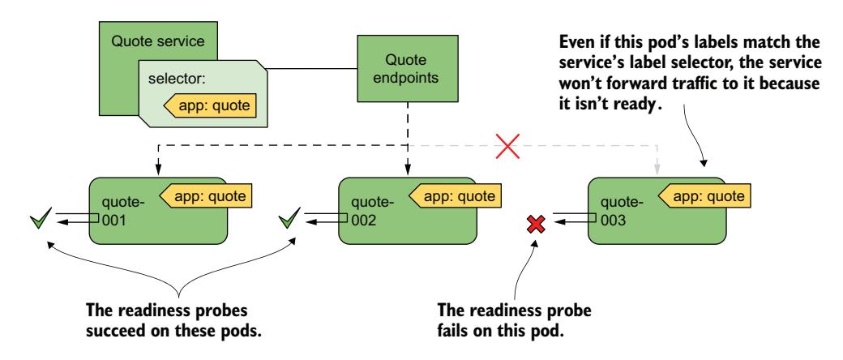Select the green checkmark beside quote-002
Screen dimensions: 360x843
(x=289, y=219)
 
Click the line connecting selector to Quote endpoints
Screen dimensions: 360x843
(x=310, y=68)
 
